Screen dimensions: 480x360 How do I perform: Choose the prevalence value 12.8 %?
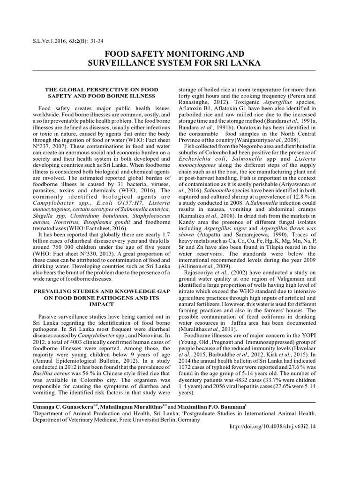(x=292, y=199)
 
